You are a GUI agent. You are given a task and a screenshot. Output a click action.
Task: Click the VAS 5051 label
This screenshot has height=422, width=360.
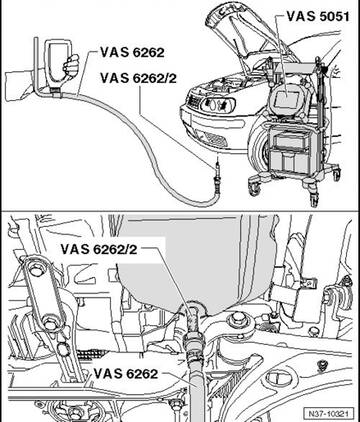click(318, 17)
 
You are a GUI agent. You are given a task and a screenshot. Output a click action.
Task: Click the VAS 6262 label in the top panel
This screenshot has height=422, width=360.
click(132, 52)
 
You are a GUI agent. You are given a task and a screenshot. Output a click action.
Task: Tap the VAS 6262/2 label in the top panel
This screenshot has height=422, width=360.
click(138, 78)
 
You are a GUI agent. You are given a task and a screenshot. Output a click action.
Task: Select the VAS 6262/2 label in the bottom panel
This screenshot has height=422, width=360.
click(99, 250)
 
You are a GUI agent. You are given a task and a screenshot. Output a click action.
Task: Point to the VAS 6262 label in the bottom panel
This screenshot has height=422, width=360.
click(126, 374)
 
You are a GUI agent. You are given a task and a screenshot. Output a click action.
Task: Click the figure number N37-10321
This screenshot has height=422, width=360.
click(329, 414)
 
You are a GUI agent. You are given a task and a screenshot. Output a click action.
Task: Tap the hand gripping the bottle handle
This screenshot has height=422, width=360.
click(71, 66)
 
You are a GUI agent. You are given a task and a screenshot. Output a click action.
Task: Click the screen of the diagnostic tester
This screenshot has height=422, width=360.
click(286, 98)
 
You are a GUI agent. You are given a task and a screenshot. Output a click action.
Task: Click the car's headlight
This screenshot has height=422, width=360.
click(217, 104)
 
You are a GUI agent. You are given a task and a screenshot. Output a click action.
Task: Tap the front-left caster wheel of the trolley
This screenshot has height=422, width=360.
click(254, 187)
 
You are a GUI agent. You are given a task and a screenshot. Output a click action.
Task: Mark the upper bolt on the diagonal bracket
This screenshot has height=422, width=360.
click(35, 269)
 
